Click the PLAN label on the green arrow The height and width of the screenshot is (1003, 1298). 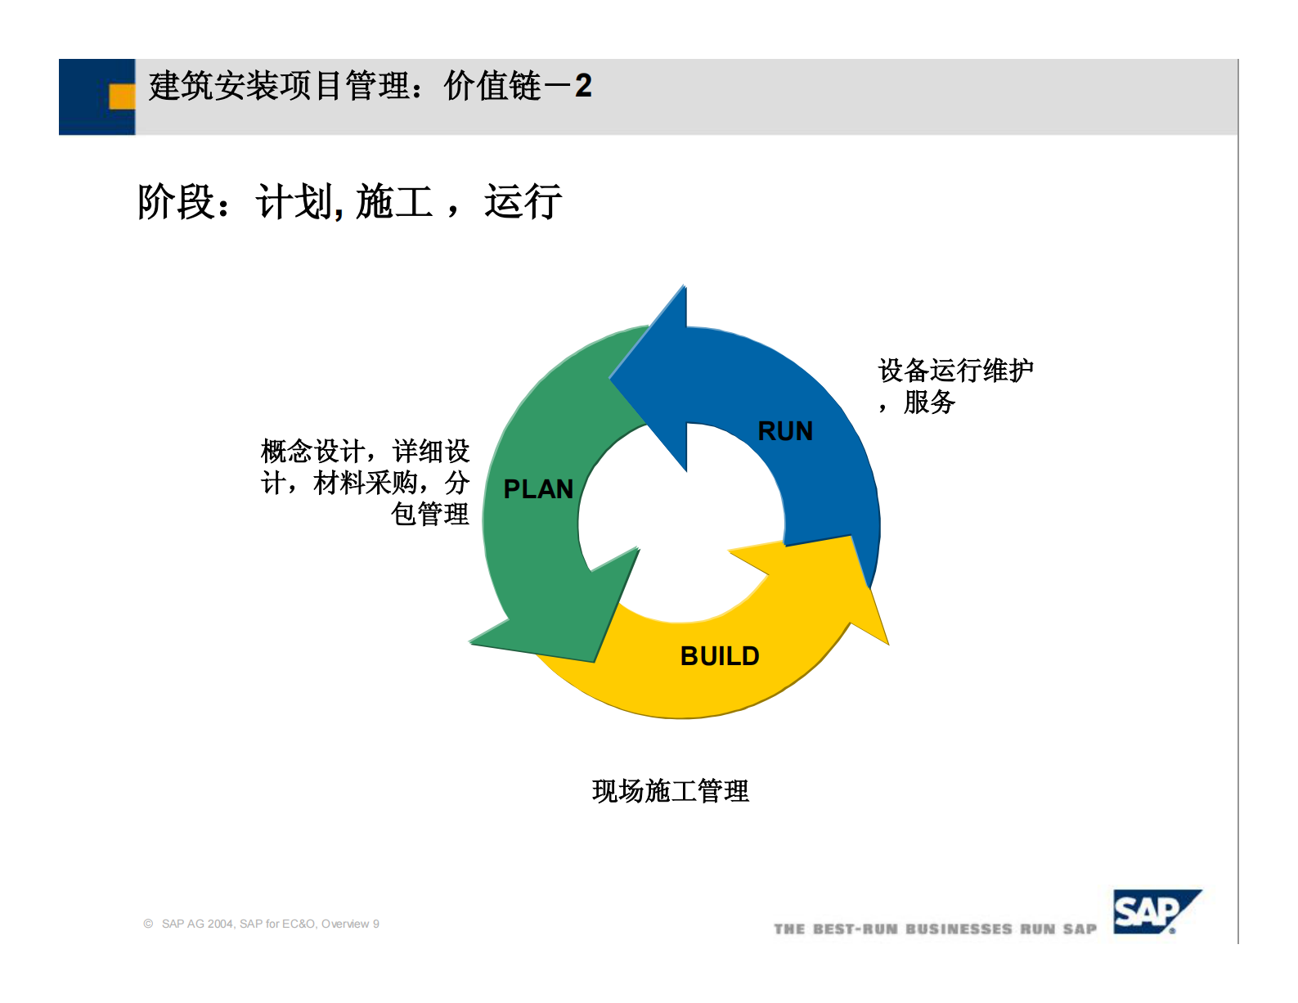point(538,489)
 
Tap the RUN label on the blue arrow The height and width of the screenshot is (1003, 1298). point(785,431)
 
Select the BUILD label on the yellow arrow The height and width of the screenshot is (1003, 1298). point(720,656)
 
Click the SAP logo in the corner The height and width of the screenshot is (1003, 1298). point(1154,911)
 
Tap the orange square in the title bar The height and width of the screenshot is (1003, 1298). point(122,97)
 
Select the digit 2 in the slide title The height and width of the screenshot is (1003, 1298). point(583,86)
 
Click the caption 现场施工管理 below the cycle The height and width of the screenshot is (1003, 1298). point(670,791)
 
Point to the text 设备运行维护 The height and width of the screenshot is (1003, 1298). point(955,371)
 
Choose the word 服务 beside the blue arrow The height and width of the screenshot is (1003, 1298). point(929,403)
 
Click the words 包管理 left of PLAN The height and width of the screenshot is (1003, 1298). point(429,515)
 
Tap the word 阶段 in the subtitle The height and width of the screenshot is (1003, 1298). point(175,201)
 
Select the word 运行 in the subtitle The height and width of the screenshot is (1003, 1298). point(523,201)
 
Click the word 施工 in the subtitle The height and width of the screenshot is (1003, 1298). point(394,201)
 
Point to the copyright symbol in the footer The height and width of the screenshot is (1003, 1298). point(148,924)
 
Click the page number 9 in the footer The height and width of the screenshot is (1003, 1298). point(376,924)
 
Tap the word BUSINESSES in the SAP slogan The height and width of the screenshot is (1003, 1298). point(959,929)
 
